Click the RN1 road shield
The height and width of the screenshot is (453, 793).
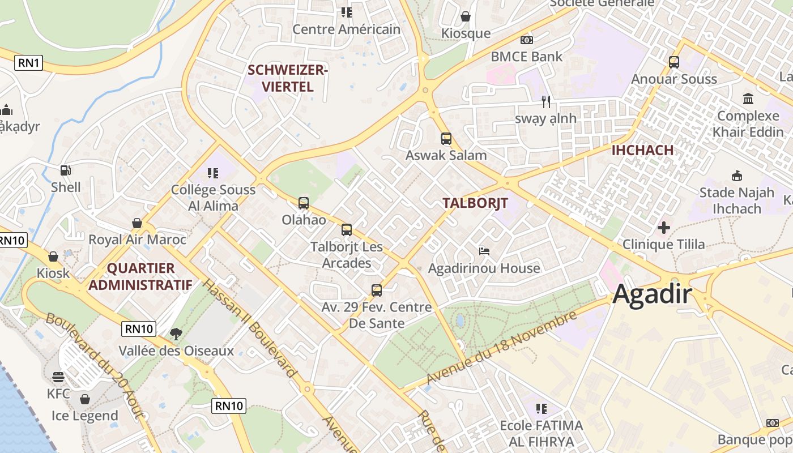coord(28,62)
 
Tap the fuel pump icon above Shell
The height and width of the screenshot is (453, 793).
coord(65,170)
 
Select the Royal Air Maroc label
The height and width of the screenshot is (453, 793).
coord(137,240)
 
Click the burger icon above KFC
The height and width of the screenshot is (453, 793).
coord(58,377)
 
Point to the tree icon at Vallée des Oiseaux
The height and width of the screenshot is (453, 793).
coord(176,334)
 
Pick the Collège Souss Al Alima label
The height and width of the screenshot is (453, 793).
coord(213,198)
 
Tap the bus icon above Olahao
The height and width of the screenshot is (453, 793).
coord(304,203)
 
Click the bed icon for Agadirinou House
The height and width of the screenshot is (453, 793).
coord(484,251)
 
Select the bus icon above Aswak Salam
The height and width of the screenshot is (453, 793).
coord(446,139)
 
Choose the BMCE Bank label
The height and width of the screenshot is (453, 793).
coord(527,57)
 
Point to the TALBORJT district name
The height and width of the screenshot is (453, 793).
coord(475,203)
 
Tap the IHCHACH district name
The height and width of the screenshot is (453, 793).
coord(642,150)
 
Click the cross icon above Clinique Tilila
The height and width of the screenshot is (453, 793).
coord(663,228)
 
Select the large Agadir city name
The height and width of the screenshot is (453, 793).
coord(653,294)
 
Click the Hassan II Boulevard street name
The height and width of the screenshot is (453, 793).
coord(250,328)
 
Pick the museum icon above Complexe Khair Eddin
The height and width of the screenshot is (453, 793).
coord(748,99)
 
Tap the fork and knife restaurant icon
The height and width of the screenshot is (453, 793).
coord(546,102)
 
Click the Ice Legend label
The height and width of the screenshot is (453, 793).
coord(85,416)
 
